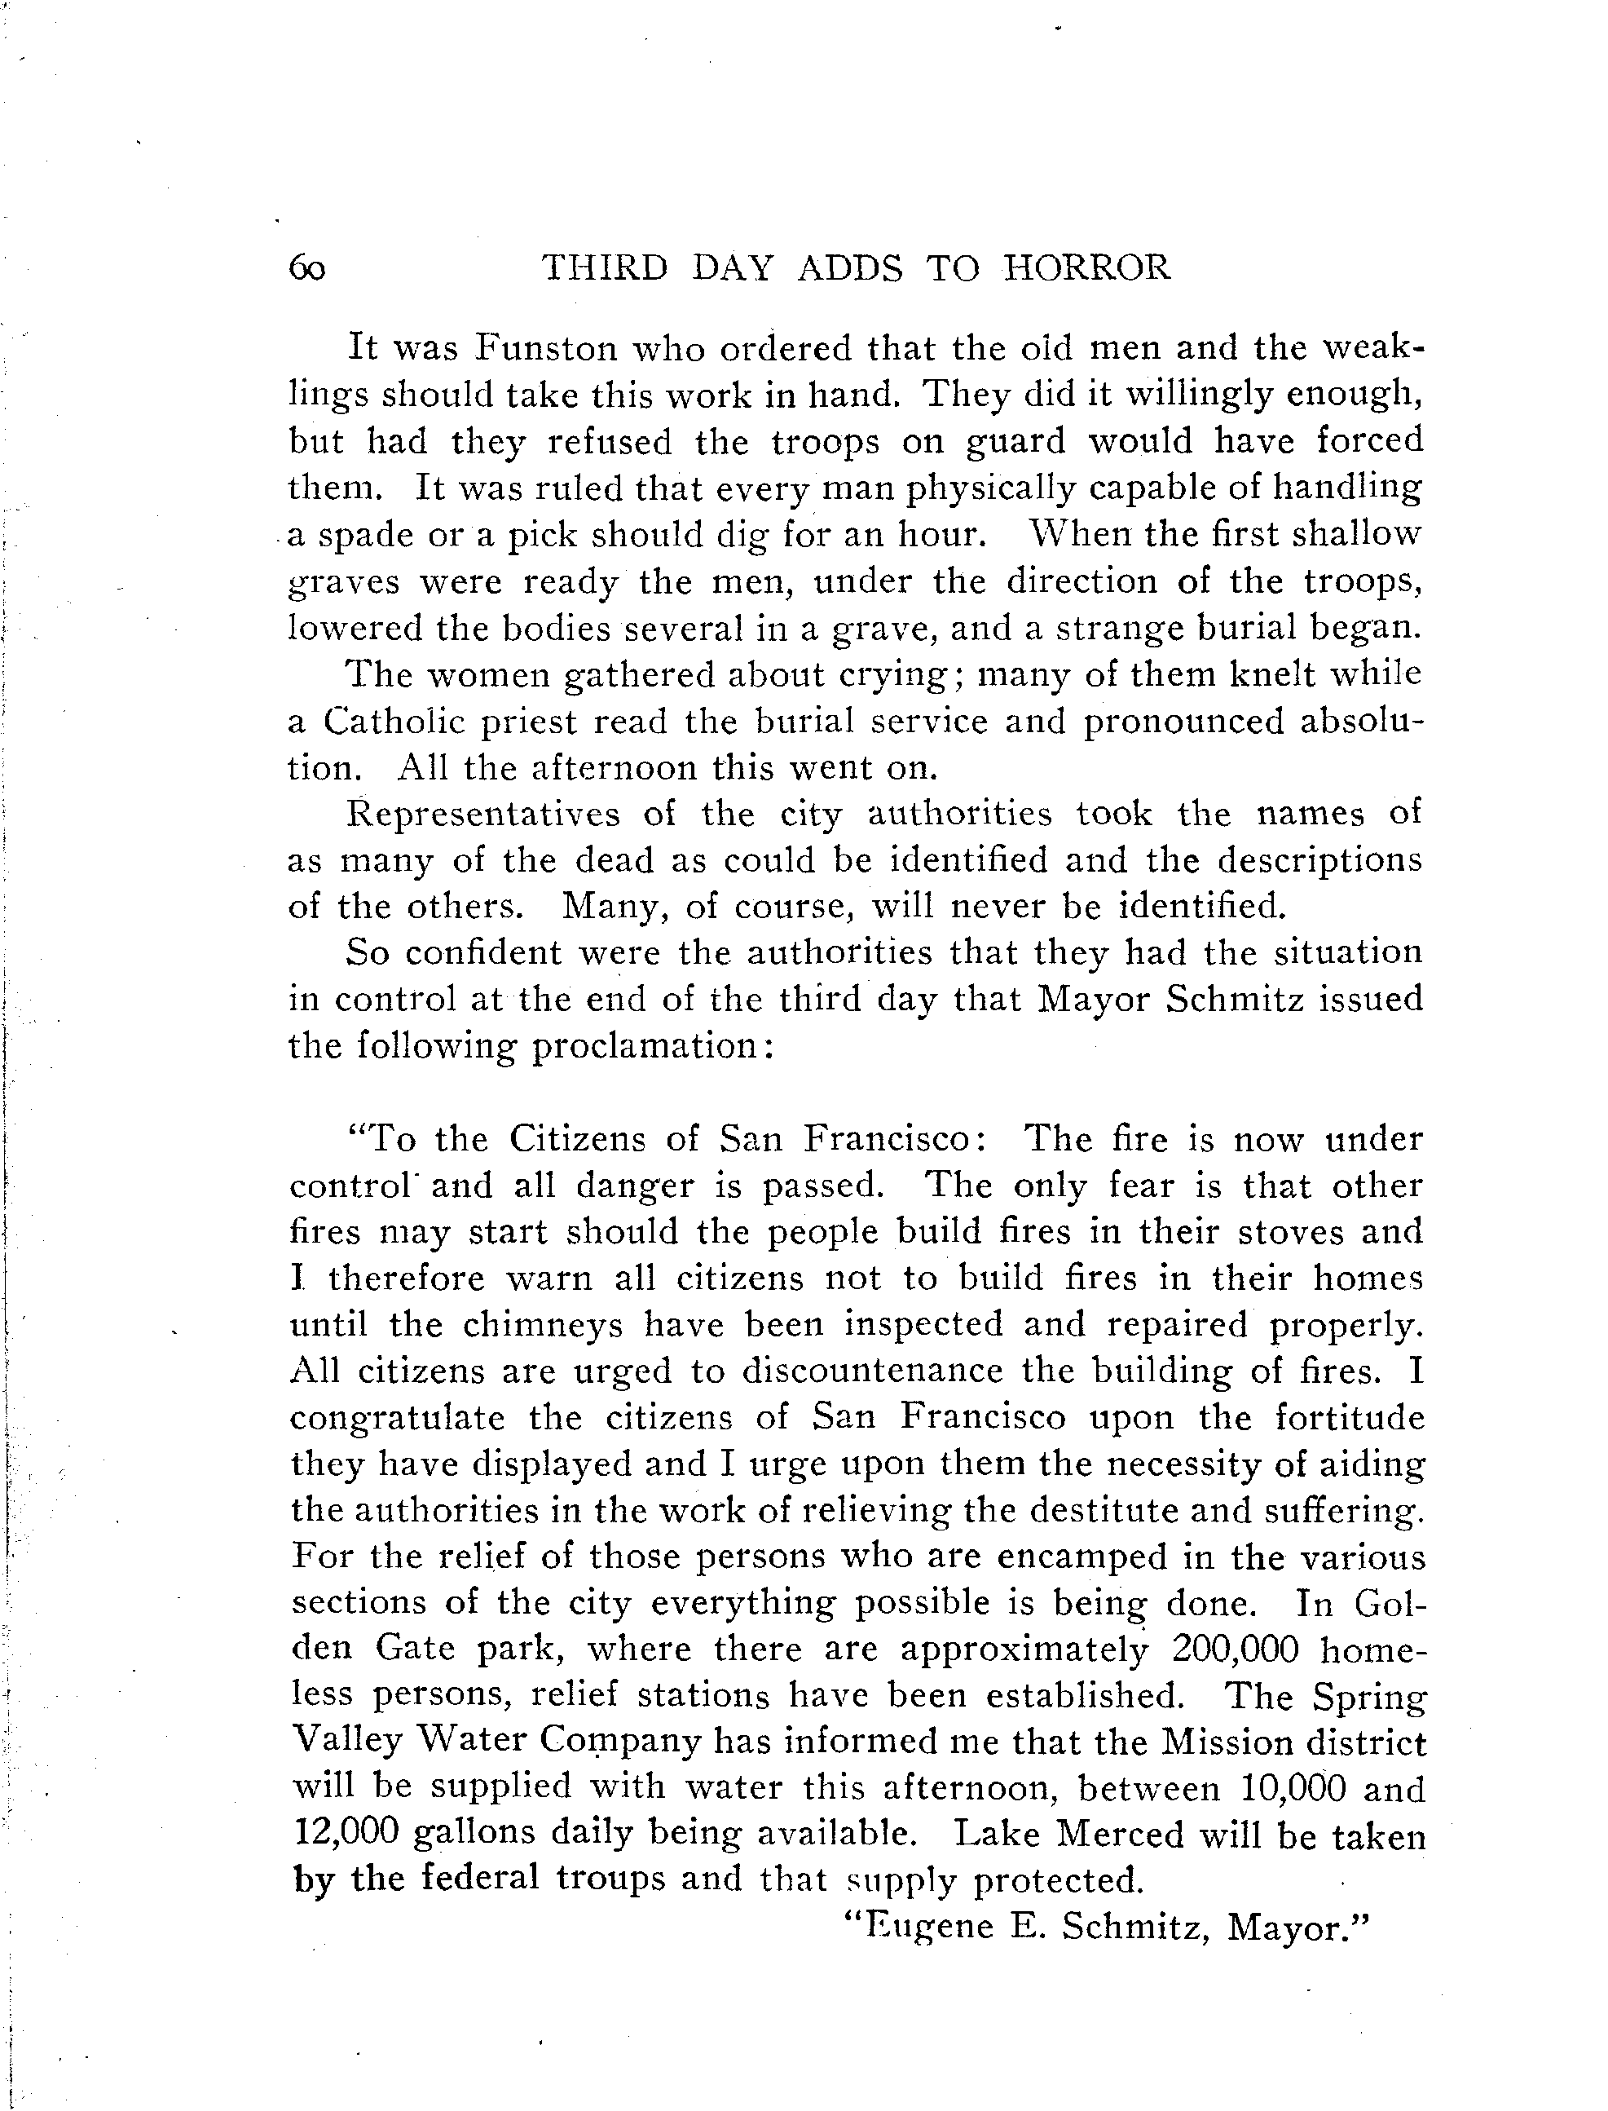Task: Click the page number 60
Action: tap(306, 269)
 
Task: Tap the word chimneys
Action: tap(544, 1325)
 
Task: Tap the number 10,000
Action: tap(1293, 1789)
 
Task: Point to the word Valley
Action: tap(346, 1742)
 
